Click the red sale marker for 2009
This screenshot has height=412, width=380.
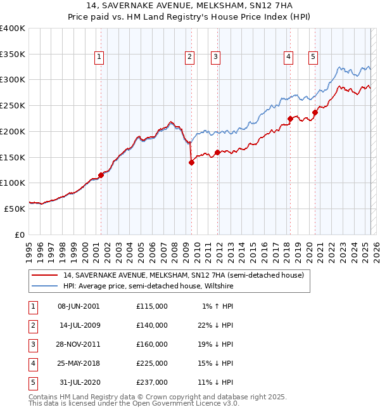point(191,162)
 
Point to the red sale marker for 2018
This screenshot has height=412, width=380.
point(290,119)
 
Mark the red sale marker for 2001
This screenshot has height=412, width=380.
point(101,175)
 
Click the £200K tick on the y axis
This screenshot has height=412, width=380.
point(12,131)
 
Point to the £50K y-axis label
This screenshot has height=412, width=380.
point(15,209)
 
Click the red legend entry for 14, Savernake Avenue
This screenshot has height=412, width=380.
point(184,276)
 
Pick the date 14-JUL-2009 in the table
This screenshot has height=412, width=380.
point(80,325)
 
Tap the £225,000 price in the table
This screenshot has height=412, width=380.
point(152,363)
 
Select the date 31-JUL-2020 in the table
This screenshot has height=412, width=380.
point(80,382)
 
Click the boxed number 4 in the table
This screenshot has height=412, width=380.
point(32,363)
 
